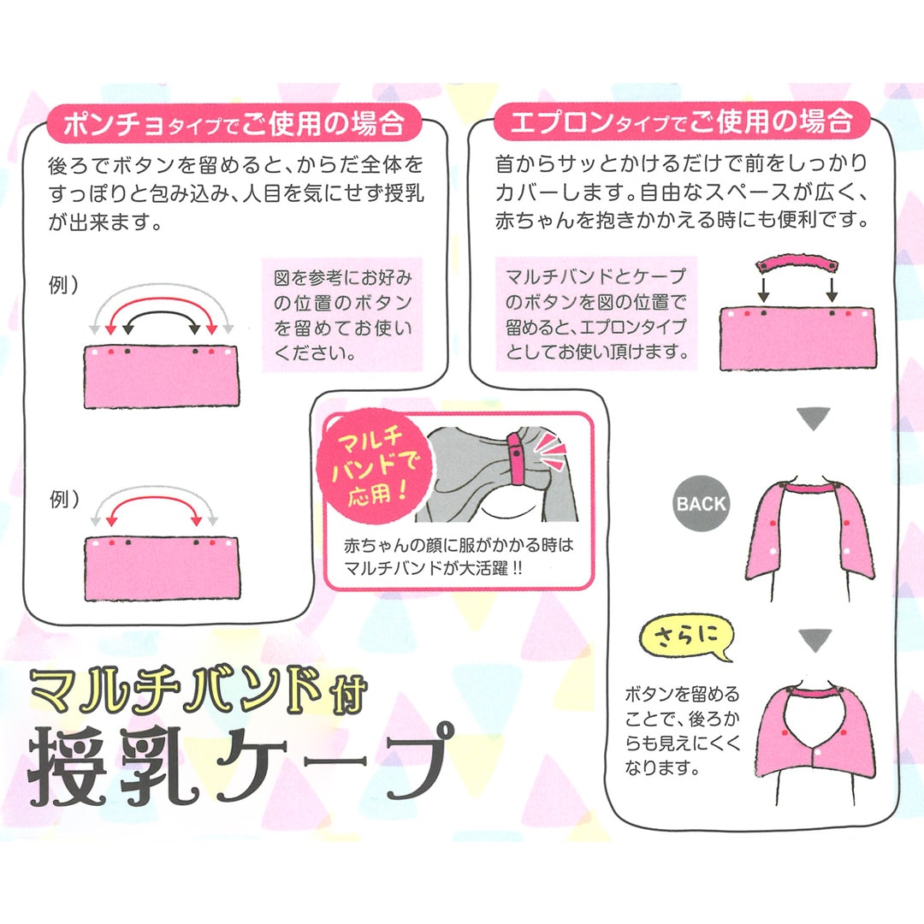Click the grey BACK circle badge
(702, 504)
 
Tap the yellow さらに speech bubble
(687, 637)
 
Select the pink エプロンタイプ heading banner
(683, 121)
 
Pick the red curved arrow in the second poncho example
(154, 499)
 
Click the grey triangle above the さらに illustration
(815, 640)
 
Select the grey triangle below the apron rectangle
(814, 418)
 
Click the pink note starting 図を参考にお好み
(341, 315)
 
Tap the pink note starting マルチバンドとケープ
(595, 313)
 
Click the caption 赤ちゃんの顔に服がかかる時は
(459, 545)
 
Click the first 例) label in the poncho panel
(63, 285)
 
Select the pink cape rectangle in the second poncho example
(162, 569)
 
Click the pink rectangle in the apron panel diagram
(797, 340)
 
